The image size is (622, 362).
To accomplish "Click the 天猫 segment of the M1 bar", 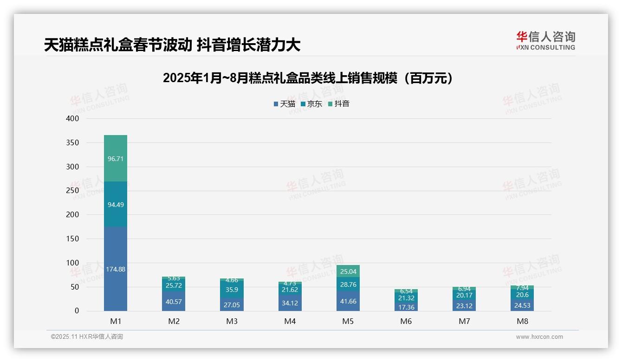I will (x=116, y=269).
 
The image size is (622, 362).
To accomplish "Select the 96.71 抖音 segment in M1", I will (x=116, y=158).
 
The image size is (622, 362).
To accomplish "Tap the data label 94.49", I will (x=116, y=205).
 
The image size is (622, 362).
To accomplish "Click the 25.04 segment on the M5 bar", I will (x=348, y=271).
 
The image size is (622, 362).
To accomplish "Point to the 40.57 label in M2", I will (x=174, y=302).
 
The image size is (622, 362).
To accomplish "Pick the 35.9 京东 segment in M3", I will (x=232, y=290).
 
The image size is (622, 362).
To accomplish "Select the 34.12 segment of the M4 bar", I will (x=290, y=303).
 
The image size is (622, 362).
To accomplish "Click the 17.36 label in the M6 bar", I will (x=406, y=307).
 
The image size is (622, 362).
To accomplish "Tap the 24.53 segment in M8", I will (x=522, y=305).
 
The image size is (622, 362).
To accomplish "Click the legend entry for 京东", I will (x=311, y=104).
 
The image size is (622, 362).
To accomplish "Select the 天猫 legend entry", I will (x=285, y=104).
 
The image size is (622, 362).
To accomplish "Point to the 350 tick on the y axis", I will (x=72, y=142).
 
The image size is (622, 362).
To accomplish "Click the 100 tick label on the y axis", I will (x=72, y=263).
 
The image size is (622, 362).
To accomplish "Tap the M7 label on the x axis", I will (x=464, y=321).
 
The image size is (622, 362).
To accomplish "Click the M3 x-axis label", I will (x=232, y=321).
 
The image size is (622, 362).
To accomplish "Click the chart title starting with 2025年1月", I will (x=308, y=78).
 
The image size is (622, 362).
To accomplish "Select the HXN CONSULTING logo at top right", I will (x=545, y=41).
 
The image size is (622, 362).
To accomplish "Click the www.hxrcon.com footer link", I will (x=539, y=337).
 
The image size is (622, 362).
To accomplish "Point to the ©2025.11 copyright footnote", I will (x=87, y=337).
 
